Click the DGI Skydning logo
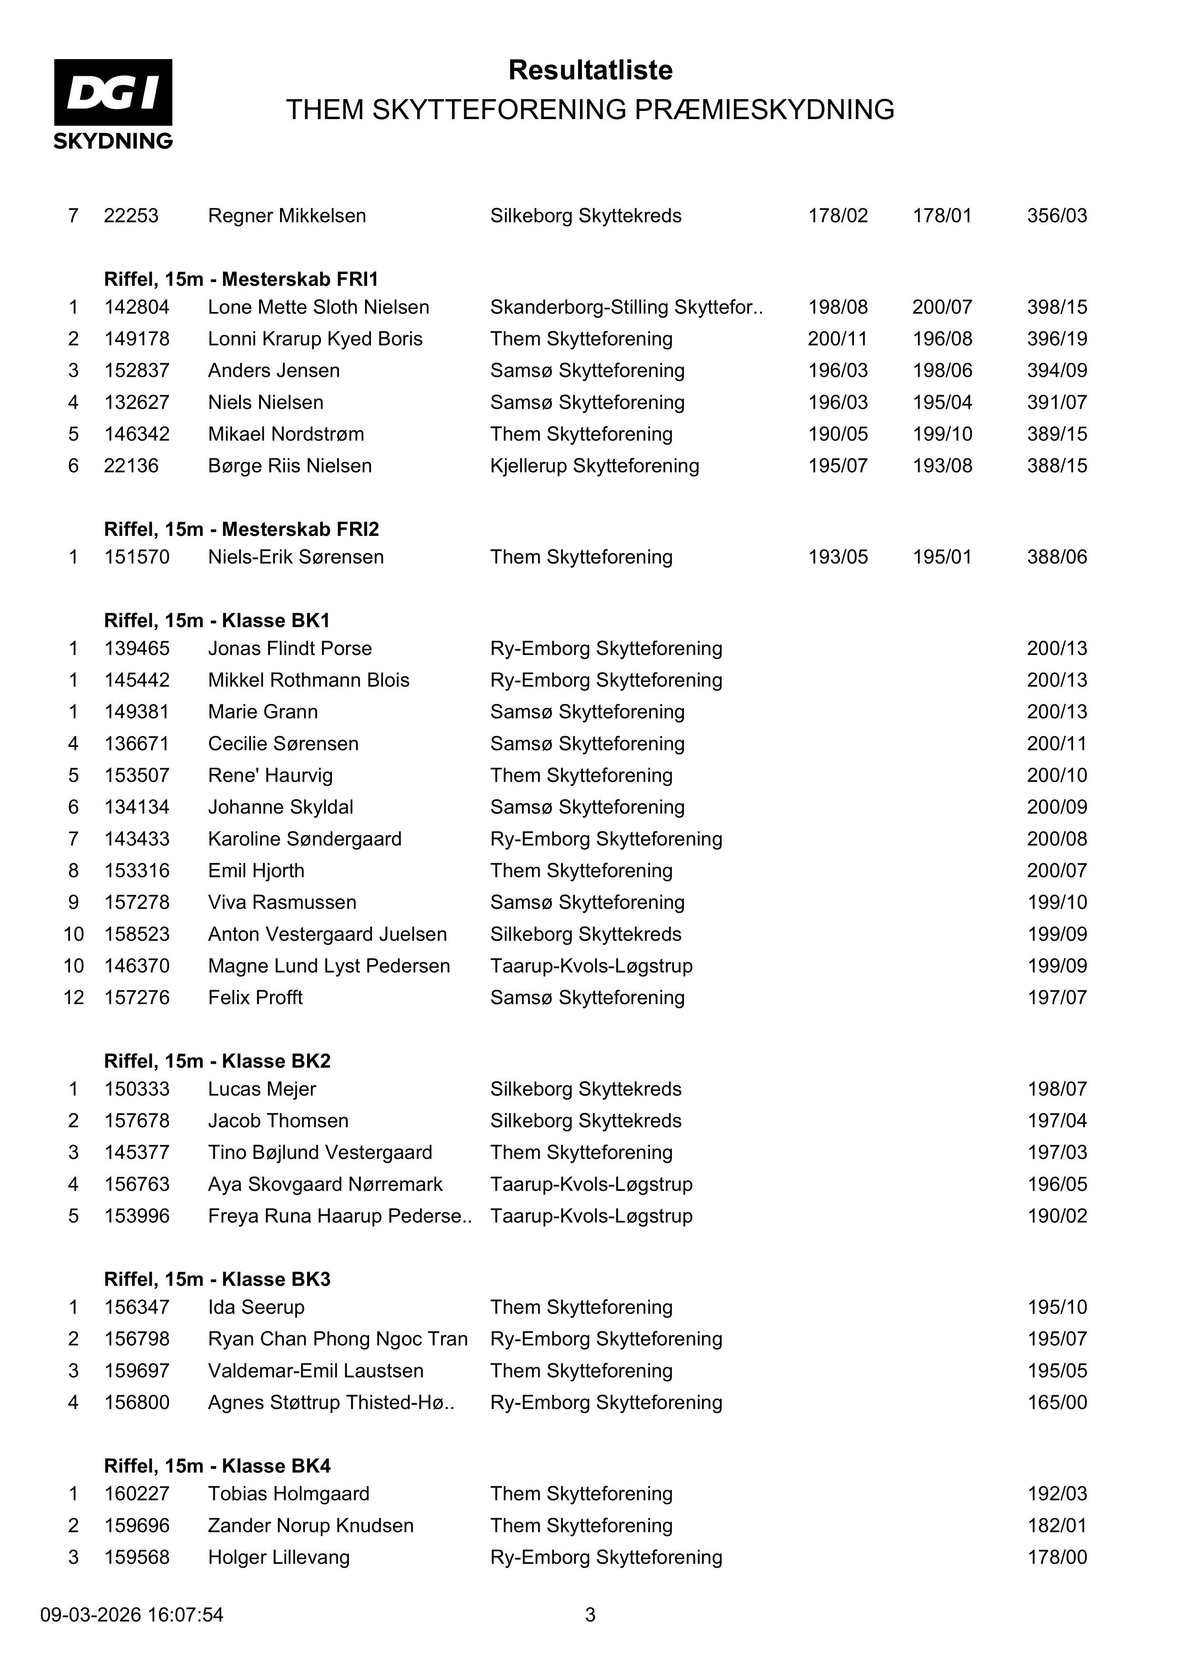coord(113,103)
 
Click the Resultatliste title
coord(590,70)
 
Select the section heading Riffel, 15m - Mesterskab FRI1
coord(241,280)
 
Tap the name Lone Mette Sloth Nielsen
coord(318,307)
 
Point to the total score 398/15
coord(1057,307)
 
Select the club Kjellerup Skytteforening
coord(594,466)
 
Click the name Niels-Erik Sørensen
coord(295,557)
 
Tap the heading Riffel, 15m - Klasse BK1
coord(217,621)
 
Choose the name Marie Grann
coord(263,712)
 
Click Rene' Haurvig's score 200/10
coord(1057,775)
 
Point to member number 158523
coord(137,935)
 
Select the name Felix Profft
coord(255,998)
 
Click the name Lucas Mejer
coord(262,1089)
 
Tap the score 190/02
coord(1057,1216)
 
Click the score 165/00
coord(1057,1403)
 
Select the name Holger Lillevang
coord(279,1558)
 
